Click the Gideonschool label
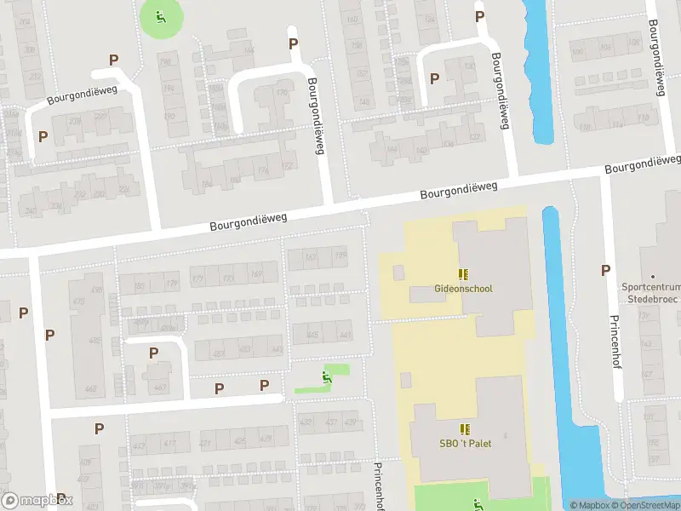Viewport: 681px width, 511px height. click(463, 289)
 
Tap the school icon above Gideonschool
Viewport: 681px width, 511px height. click(463, 274)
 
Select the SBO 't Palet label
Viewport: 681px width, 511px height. click(465, 443)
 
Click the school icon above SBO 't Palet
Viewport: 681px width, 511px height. click(465, 428)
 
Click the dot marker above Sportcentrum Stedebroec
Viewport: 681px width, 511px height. click(654, 277)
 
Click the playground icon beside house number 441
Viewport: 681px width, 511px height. click(326, 377)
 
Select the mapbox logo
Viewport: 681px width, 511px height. click(37, 501)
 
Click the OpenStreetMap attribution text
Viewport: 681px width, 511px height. click(647, 505)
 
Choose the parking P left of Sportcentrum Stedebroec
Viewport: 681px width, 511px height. click(606, 271)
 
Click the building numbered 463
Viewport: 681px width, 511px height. click(90, 389)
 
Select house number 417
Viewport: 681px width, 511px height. click(169, 444)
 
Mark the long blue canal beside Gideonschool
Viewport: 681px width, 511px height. click(562, 358)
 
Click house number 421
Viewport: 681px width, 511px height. click(206, 444)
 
